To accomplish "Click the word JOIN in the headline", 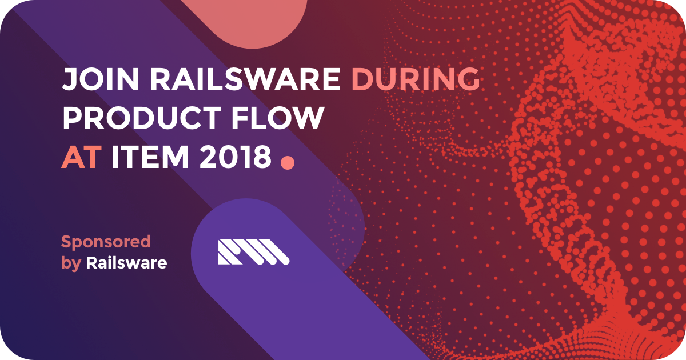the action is [x=101, y=79].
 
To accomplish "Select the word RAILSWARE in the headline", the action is [x=245, y=79].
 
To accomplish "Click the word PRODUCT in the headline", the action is [x=142, y=118].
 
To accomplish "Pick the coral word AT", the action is [x=81, y=157].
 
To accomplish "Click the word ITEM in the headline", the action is [x=150, y=157].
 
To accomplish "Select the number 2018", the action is [x=235, y=157].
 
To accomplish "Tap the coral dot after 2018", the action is [x=288, y=162].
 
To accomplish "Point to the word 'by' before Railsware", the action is [x=71, y=264].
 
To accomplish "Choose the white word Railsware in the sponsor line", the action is [x=126, y=263].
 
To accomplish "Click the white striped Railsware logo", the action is [x=254, y=252].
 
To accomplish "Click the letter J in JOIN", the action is [x=70, y=79].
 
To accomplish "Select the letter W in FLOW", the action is [x=306, y=118].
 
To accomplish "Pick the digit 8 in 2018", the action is [x=262, y=157].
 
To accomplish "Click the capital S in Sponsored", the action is [x=67, y=242].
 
